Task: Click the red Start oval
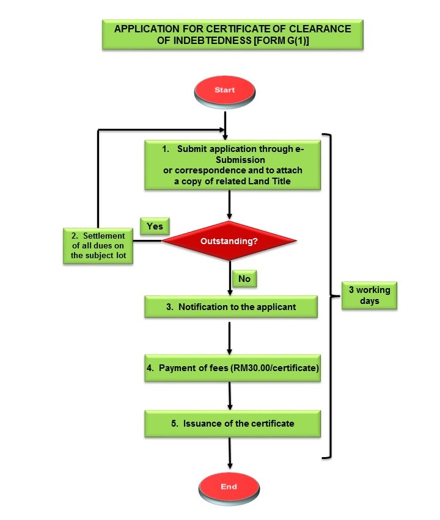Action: tap(224, 90)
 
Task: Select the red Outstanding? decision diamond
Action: tap(229, 241)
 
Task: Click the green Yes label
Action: tap(155, 226)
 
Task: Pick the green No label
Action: tap(244, 278)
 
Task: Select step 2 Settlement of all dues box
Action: tap(98, 245)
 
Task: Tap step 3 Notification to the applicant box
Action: tap(231, 307)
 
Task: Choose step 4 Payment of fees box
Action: tap(232, 369)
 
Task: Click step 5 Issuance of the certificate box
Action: tap(232, 423)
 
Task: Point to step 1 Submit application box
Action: tap(232, 165)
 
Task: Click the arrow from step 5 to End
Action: tap(230, 455)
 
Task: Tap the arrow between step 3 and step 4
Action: tap(229, 338)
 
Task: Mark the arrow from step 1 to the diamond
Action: tap(229, 205)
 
